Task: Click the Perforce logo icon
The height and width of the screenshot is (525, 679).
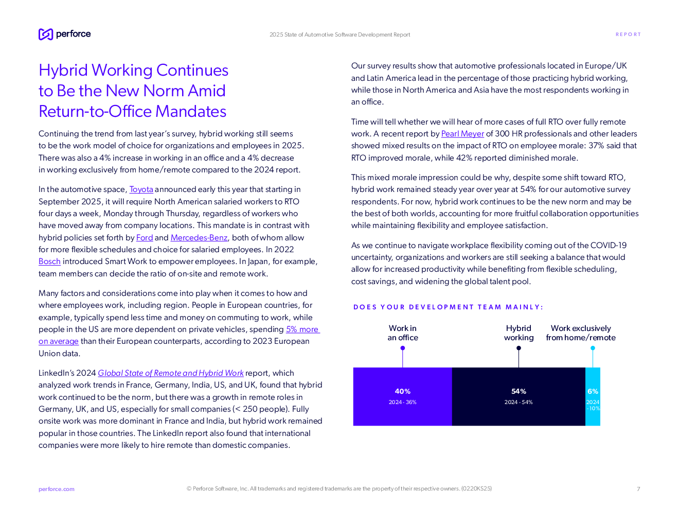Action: tap(46, 34)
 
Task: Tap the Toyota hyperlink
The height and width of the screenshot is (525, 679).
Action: tap(141, 189)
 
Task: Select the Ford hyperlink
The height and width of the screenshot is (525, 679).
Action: tap(145, 238)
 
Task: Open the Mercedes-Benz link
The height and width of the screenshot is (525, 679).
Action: tap(199, 238)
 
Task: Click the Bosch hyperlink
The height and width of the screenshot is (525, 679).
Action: tap(49, 261)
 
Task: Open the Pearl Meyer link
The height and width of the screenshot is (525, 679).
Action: tap(462, 134)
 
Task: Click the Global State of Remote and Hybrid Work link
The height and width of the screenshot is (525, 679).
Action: tap(171, 373)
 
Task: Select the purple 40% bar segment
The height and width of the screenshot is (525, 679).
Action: tap(402, 396)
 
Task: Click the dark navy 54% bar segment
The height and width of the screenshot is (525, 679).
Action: tap(519, 396)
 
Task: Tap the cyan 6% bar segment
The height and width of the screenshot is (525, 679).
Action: tap(593, 396)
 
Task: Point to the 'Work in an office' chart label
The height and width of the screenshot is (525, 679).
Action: tap(402, 333)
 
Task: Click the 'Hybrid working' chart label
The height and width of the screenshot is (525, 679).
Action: tap(519, 333)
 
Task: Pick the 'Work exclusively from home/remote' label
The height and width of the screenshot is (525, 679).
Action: tap(581, 333)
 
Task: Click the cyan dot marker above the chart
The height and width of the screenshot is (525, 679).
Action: tap(593, 348)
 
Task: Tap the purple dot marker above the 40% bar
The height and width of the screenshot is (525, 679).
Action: tap(402, 348)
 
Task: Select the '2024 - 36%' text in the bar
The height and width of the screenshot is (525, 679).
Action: tap(402, 402)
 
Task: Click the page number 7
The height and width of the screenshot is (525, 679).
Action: tap(638, 489)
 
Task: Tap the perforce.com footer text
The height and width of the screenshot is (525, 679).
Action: tap(56, 489)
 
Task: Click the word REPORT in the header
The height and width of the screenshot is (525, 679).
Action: tap(628, 34)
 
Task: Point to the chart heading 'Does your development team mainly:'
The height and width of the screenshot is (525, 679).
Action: tap(448, 307)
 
